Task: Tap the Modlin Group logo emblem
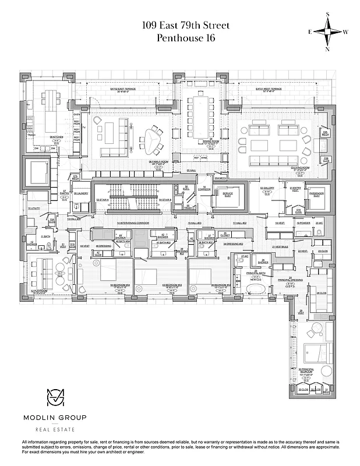pos(54,398)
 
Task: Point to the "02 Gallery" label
pos(267,188)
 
